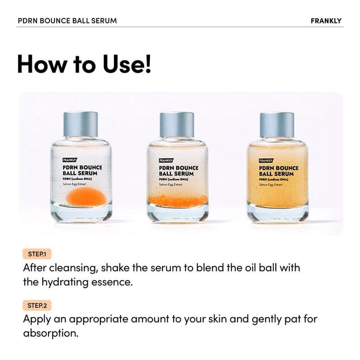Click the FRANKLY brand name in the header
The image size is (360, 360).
coord(326,21)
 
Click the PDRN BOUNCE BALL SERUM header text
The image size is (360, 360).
coord(67,21)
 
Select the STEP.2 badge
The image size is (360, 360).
coord(37,306)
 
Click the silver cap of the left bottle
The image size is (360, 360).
coord(81,124)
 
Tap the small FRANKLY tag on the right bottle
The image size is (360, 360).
coord(266,160)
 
